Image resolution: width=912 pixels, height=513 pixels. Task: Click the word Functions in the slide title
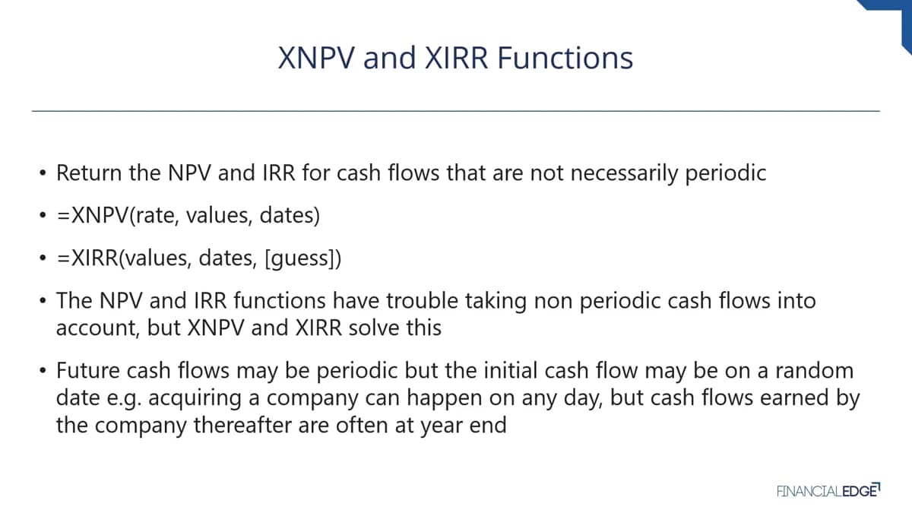[x=565, y=58]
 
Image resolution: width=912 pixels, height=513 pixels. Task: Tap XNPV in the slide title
[x=316, y=58]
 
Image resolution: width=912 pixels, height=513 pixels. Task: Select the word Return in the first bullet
[x=89, y=173]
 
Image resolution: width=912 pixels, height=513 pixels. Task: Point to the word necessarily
[x=624, y=173]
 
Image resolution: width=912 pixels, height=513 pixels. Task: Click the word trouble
[x=423, y=301]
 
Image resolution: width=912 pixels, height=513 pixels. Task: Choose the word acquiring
[x=195, y=398]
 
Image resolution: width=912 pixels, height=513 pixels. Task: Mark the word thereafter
[x=242, y=425]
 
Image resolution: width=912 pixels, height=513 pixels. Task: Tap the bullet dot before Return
[x=43, y=173]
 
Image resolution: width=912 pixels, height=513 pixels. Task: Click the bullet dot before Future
[x=43, y=371]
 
